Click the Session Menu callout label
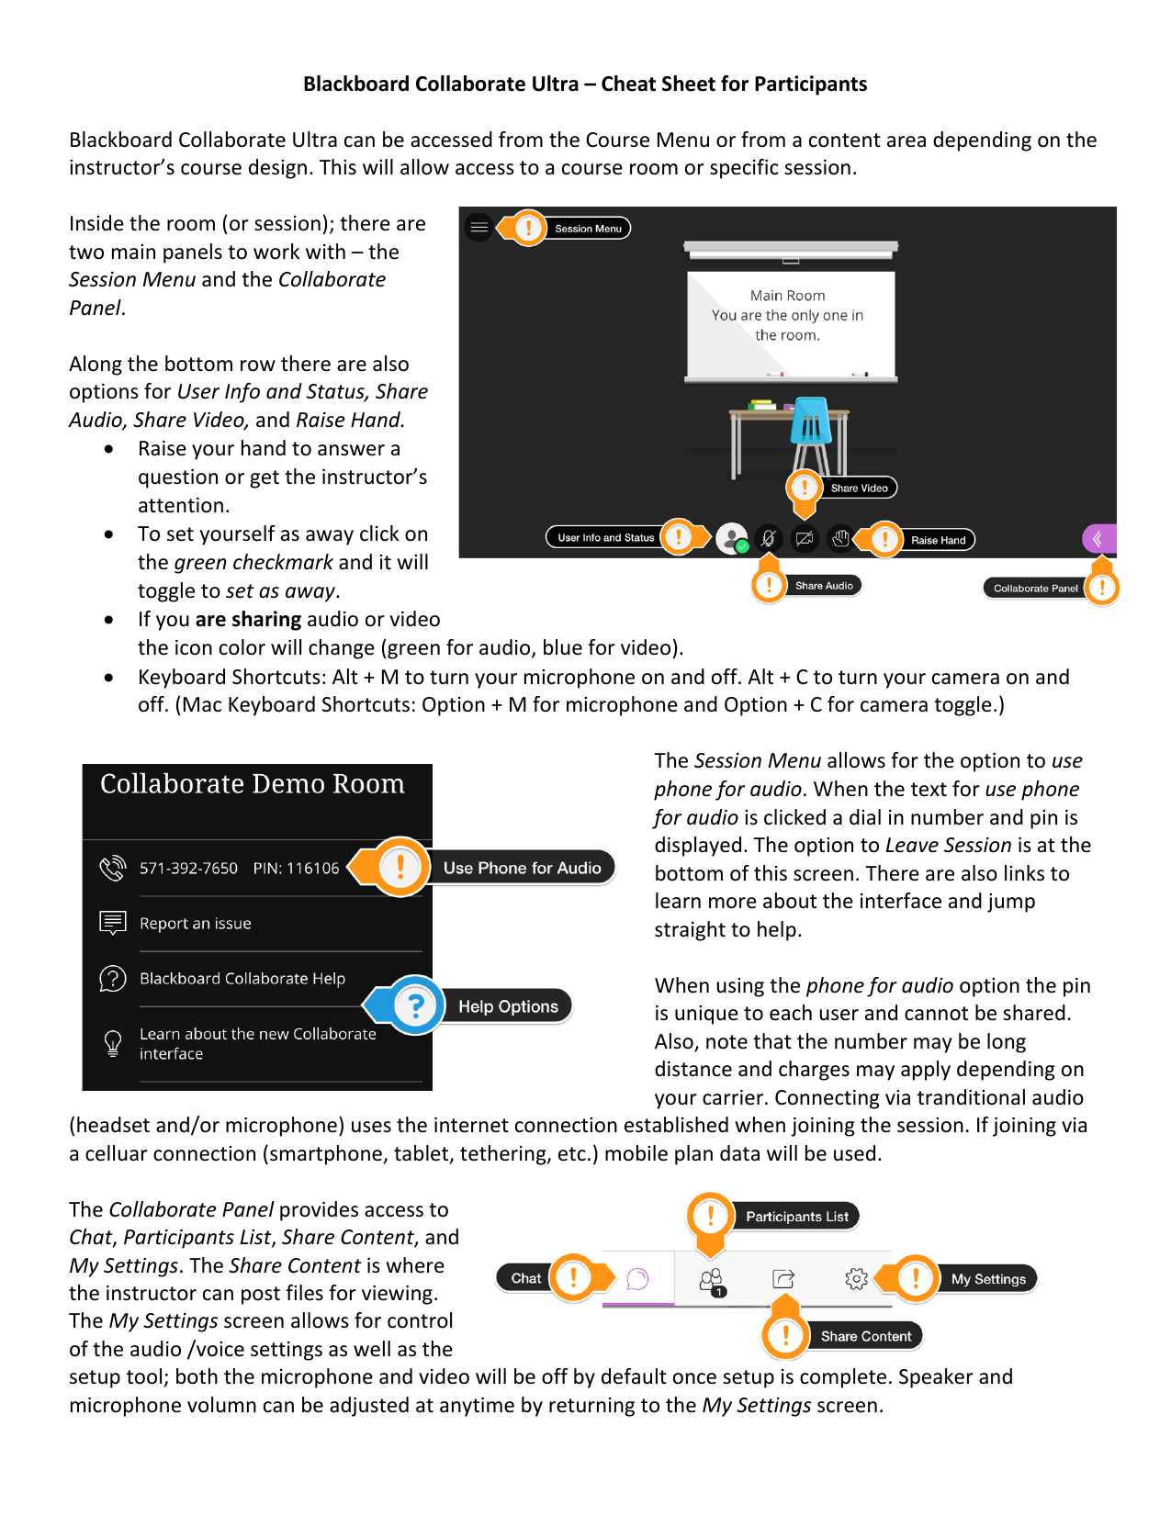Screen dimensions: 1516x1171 tap(588, 229)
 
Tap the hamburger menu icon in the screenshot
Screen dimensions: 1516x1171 tap(479, 227)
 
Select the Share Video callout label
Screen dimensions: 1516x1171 tap(859, 488)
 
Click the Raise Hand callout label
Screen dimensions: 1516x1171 tap(938, 540)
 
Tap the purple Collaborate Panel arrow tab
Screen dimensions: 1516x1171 tap(1098, 539)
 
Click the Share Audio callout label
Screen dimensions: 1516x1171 tap(824, 585)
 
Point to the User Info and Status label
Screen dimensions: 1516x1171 tap(605, 537)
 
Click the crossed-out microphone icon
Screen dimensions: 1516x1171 tap(769, 539)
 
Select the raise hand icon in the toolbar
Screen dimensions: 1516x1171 tap(840, 539)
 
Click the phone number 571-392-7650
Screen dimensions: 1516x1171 tap(188, 868)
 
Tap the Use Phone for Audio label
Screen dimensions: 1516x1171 tap(522, 868)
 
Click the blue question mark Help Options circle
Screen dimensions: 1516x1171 tap(415, 1005)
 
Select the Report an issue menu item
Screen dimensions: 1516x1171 tap(195, 923)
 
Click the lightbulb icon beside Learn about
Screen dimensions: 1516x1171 tap(113, 1043)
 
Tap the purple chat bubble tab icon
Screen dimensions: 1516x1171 tap(637, 1278)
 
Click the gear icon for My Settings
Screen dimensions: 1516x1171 tap(856, 1278)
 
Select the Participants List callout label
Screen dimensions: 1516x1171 tap(796, 1216)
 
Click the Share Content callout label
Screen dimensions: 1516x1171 tap(865, 1336)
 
